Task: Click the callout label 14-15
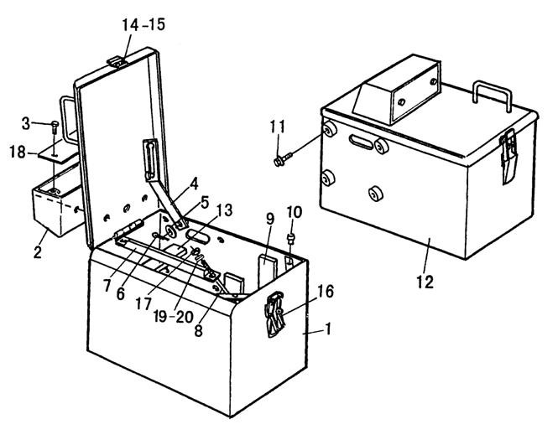coord(143,25)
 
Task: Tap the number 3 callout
coord(26,124)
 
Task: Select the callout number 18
coord(18,153)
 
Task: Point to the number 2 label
coord(38,251)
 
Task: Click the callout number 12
coord(425,282)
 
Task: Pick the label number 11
coord(277,127)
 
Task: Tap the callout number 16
coord(326,292)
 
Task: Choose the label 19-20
coord(174,316)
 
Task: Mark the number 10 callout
coord(295,212)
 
